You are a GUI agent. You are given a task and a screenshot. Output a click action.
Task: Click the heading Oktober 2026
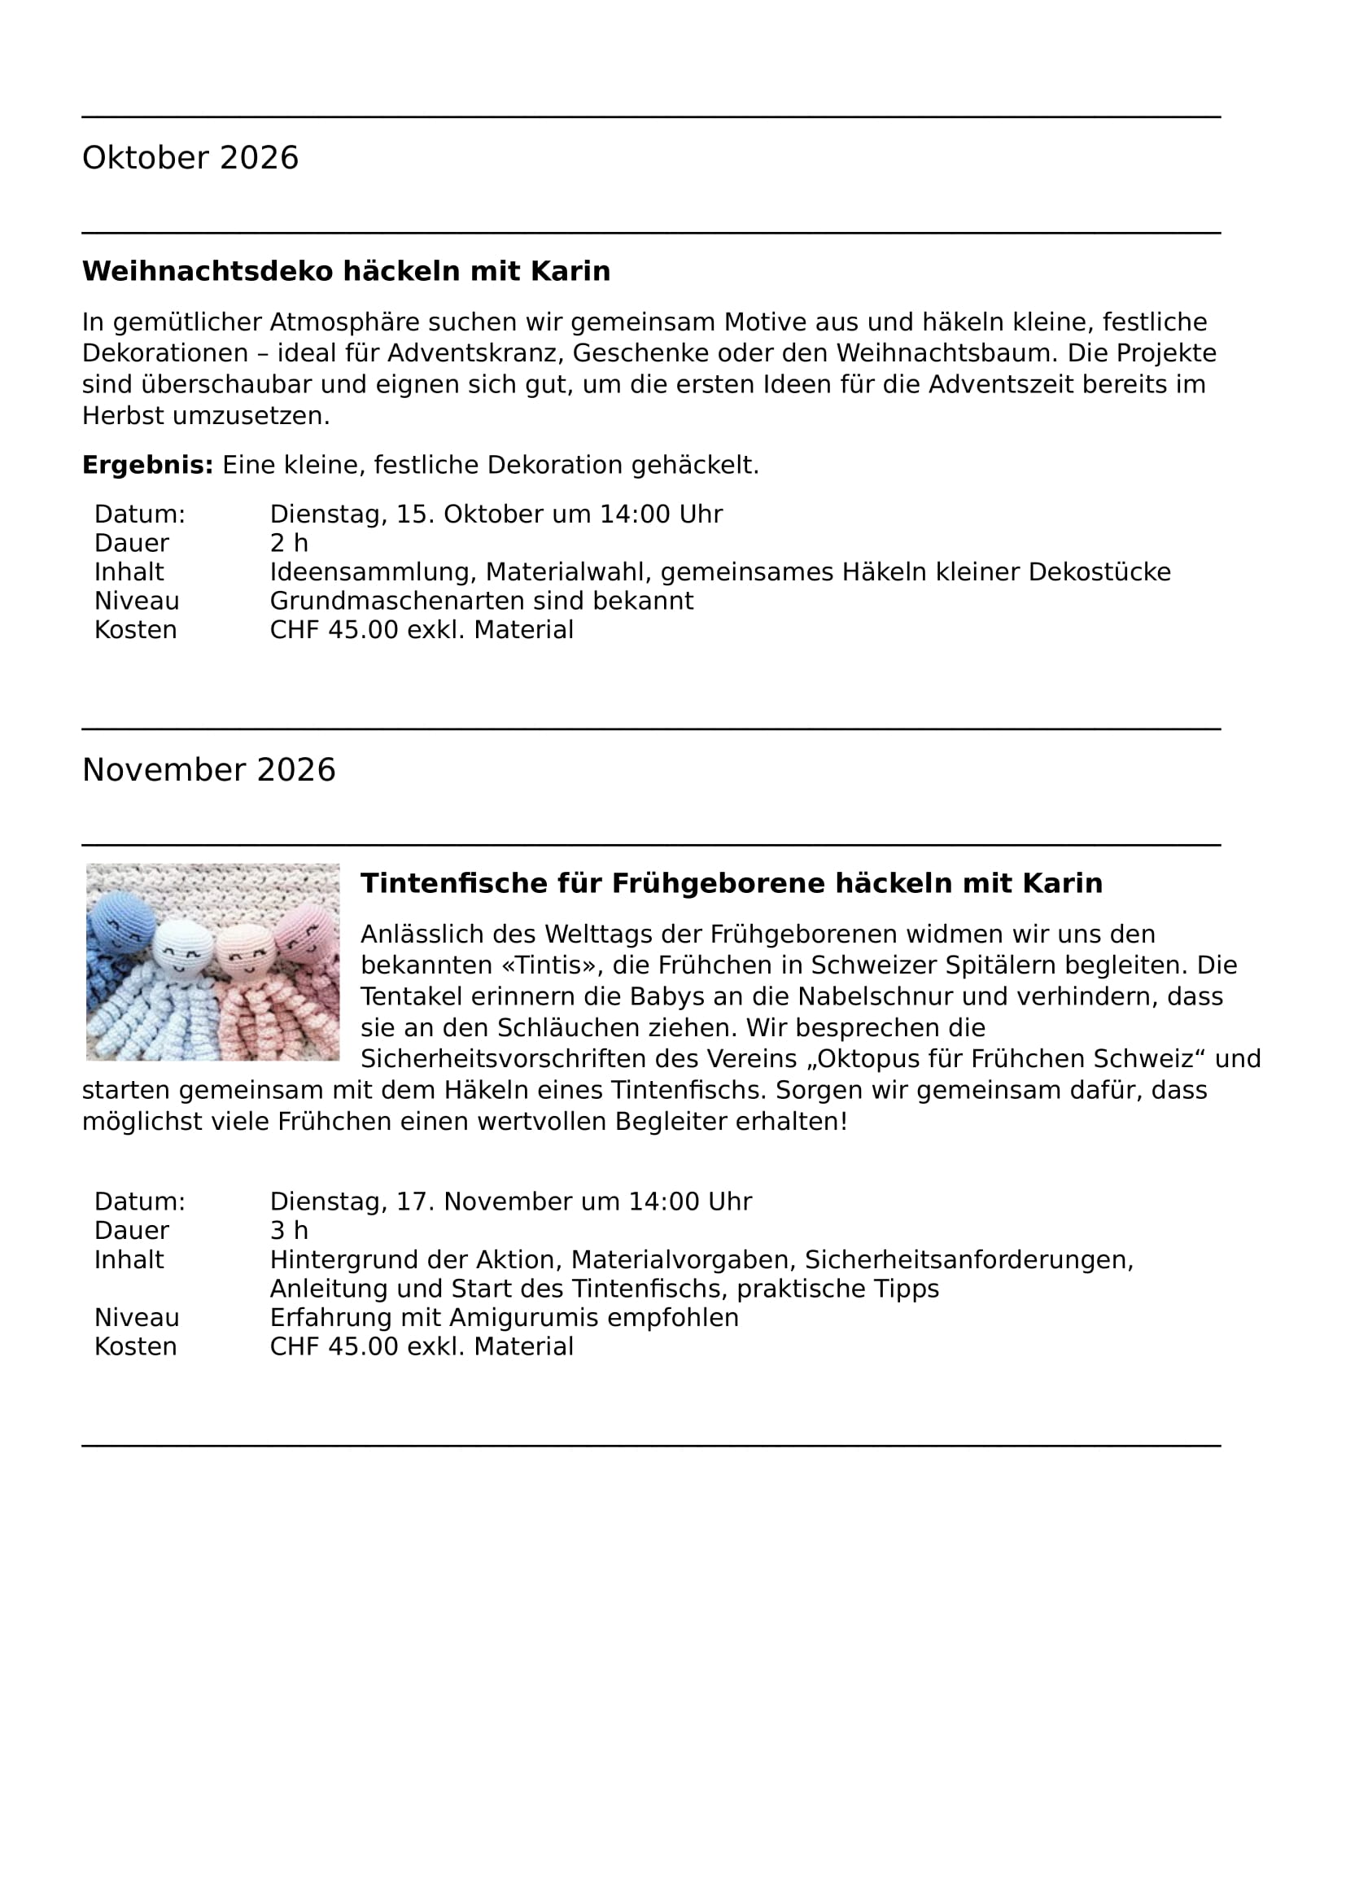pos(190,158)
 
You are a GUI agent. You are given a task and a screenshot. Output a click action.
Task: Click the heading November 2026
pos(209,769)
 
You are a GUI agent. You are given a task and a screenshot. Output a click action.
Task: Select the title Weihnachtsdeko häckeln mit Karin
pos(346,271)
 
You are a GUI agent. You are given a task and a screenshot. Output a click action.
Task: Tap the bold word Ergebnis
pos(146,466)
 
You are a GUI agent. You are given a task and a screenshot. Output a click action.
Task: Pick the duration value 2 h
pos(288,543)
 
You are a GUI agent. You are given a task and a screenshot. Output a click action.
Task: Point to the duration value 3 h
pos(288,1231)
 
